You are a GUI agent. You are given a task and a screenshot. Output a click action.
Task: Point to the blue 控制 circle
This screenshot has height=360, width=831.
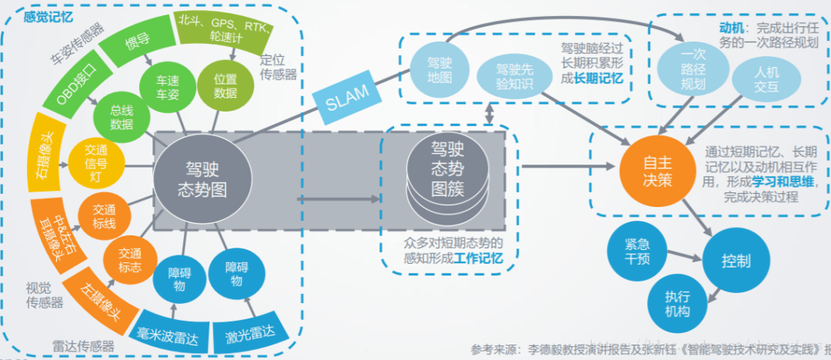736,261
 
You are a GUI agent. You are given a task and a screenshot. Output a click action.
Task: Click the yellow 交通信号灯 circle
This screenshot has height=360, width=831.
96,162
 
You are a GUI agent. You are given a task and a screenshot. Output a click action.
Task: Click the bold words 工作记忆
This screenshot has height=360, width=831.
479,258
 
